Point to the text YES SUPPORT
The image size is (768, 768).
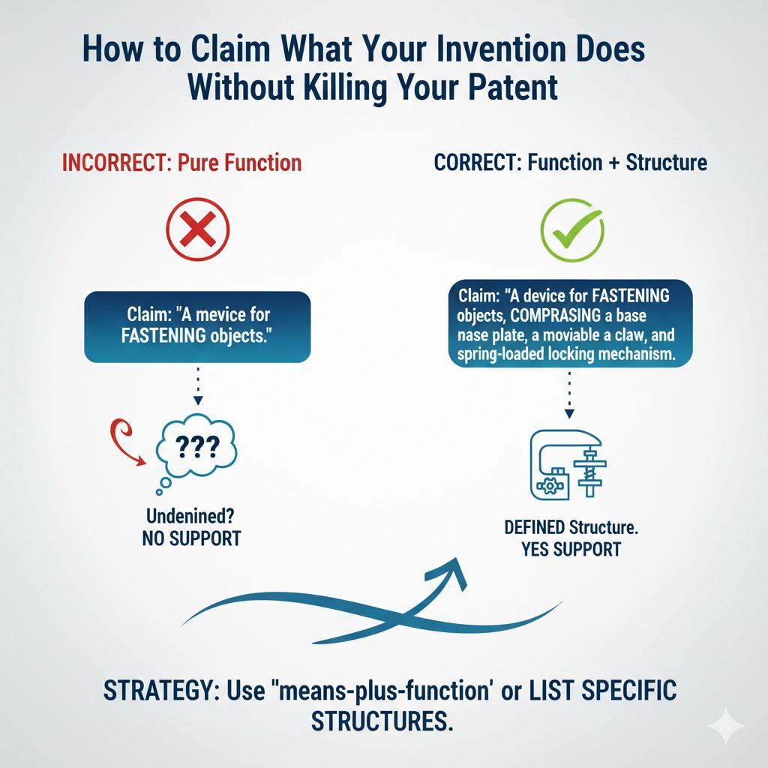pyautogui.click(x=571, y=548)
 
